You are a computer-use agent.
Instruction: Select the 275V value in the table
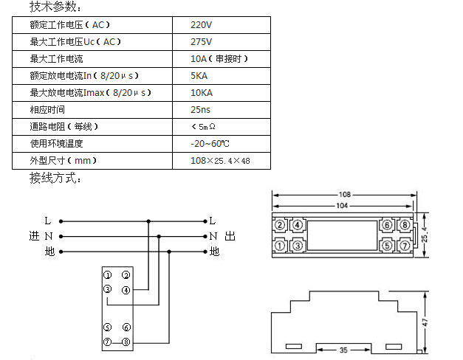tap(201, 42)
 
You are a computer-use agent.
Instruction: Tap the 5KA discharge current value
tap(201, 76)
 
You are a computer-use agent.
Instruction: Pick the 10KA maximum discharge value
tap(202, 93)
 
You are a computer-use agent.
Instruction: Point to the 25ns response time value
tap(201, 110)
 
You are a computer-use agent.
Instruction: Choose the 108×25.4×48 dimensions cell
tap(220, 160)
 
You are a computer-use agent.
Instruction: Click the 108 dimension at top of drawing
tap(345, 194)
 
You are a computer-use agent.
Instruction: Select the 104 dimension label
tap(345, 205)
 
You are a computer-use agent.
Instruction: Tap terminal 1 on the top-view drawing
tap(281, 245)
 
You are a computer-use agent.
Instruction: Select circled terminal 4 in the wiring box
tap(126, 289)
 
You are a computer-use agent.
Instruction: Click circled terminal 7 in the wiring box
tap(107, 342)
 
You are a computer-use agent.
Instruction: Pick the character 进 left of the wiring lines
tap(32, 236)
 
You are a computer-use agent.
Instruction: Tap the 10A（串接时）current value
tap(219, 59)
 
